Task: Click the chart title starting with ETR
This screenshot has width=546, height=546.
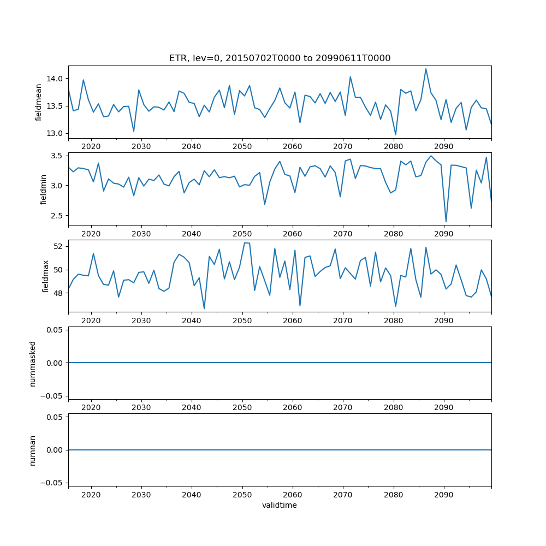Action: coord(280,58)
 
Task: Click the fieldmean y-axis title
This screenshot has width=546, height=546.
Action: coord(38,102)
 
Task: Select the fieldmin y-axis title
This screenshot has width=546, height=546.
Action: coord(44,189)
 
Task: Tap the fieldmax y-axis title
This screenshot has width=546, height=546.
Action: coord(45,276)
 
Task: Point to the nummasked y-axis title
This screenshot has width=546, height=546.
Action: coord(33,363)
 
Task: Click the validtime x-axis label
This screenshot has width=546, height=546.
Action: coord(280,506)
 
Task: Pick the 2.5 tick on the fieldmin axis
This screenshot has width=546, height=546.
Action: coord(58,216)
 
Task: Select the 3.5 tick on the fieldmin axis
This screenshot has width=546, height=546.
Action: coord(58,156)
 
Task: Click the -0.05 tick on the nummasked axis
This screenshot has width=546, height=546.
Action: coord(53,395)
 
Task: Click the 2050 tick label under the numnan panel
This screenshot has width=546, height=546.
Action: coord(242,495)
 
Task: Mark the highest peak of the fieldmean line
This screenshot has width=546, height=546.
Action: coord(426,69)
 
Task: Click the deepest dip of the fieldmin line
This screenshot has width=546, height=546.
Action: coord(446,222)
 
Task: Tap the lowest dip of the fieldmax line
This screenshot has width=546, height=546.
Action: coord(204,309)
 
